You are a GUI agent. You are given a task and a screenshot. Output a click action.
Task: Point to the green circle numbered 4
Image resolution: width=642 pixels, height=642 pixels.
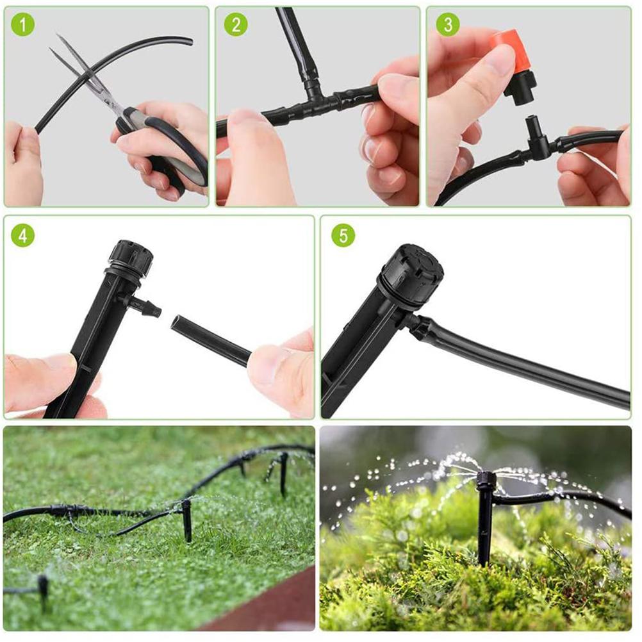click(23, 235)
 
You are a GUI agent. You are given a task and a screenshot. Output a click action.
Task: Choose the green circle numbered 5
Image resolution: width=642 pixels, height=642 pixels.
click(343, 235)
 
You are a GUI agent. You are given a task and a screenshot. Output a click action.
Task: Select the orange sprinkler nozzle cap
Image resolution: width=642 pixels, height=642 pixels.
click(506, 48)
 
